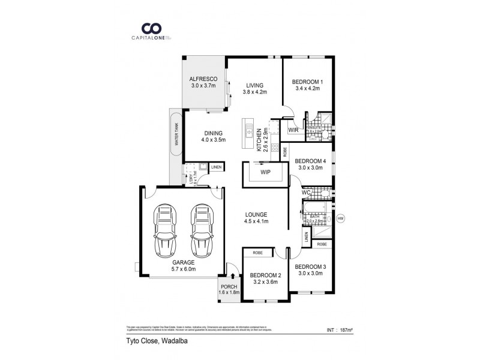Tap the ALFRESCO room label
[203, 79]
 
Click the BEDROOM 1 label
[307, 82]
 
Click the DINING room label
[213, 133]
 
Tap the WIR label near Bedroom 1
[293, 130]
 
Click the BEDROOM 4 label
[311, 161]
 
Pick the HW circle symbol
[341, 218]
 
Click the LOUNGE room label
[256, 214]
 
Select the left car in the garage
[165, 230]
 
